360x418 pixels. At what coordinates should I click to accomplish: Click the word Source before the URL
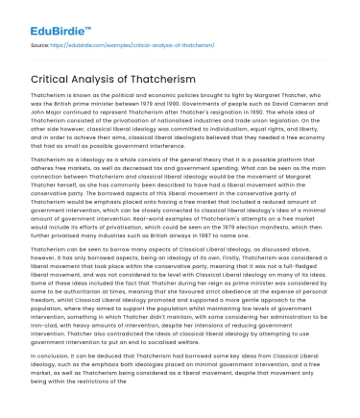coord(41,43)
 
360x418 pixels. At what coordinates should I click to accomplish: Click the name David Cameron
coord(297,105)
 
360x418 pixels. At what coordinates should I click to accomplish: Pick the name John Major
coord(44,113)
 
